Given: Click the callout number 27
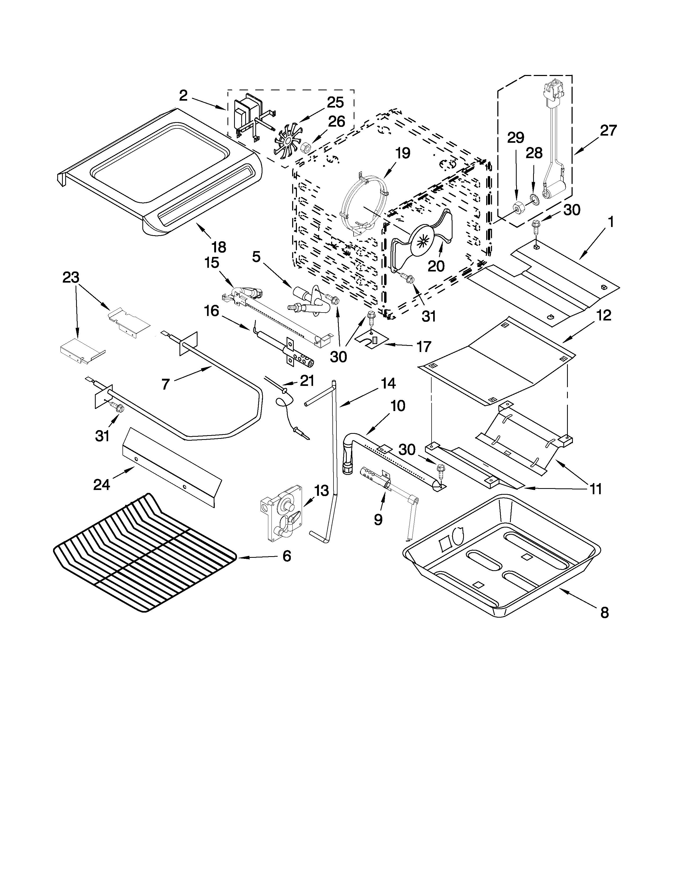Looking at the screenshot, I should click(x=608, y=131).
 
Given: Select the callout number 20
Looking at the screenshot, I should click(x=436, y=266).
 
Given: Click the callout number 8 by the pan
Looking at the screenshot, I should click(x=604, y=612).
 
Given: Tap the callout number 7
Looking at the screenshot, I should click(x=165, y=384).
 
